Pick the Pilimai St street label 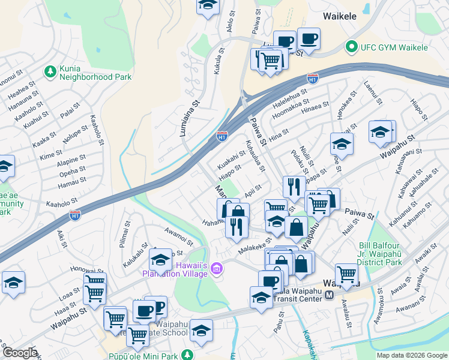pyautogui.click(x=125, y=223)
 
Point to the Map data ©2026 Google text pyautogui.click(x=411, y=355)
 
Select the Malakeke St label pyautogui.click(x=255, y=247)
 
